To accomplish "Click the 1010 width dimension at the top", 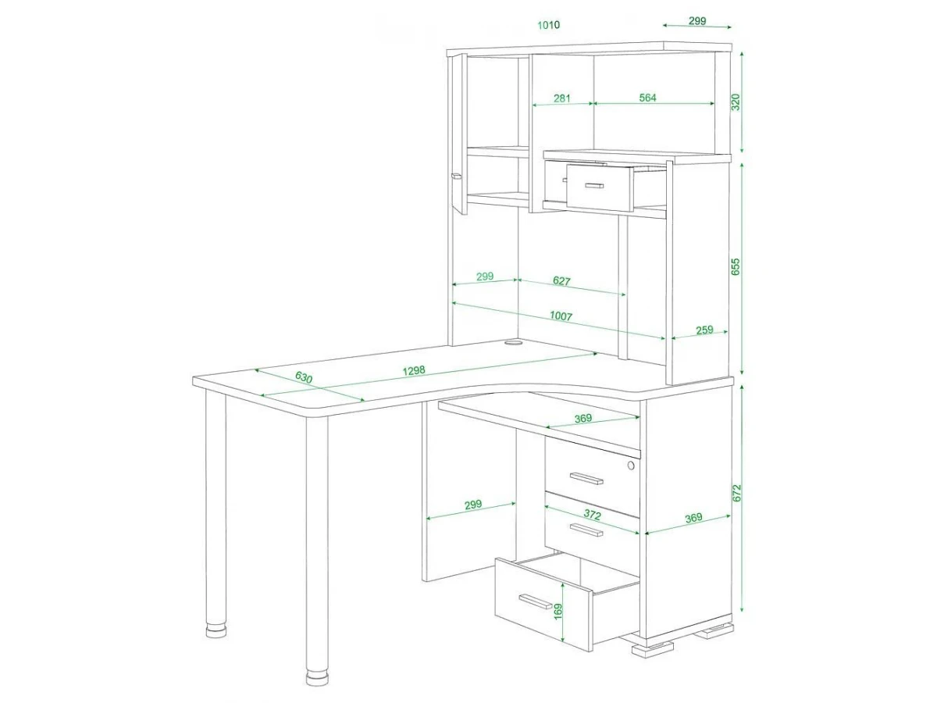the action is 548,25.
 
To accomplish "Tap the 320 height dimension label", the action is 736,102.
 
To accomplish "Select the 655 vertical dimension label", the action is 736,267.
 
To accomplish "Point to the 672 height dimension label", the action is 736,493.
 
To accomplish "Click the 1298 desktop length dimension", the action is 414,370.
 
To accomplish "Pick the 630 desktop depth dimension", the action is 304,377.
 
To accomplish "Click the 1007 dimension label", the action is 561,316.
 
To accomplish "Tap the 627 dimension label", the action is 561,281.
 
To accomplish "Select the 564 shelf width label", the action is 647,98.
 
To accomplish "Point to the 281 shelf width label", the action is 561,98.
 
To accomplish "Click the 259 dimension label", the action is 704,330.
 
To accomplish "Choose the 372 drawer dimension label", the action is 592,516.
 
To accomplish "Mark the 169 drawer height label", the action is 558,612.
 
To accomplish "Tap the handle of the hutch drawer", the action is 594,186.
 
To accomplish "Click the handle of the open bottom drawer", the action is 536,601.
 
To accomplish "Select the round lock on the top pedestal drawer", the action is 631,466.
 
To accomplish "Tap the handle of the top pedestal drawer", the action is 586,479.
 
